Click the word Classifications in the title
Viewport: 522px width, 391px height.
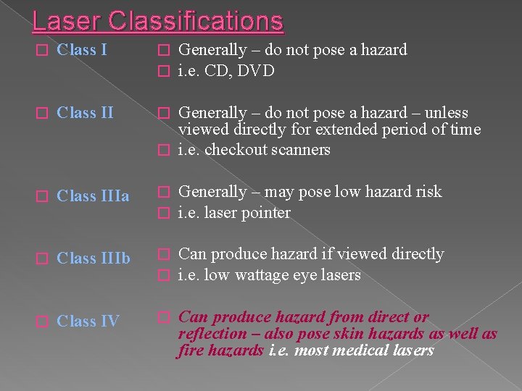[195, 20]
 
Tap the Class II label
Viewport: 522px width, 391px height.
[85, 113]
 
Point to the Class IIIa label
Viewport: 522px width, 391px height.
[93, 196]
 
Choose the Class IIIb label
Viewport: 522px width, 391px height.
[94, 258]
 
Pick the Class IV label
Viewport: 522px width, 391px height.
[88, 321]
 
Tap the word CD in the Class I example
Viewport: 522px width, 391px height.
[216, 71]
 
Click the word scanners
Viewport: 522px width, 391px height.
[300, 150]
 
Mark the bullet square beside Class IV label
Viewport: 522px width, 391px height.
[42, 321]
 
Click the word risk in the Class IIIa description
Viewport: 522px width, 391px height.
[426, 192]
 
